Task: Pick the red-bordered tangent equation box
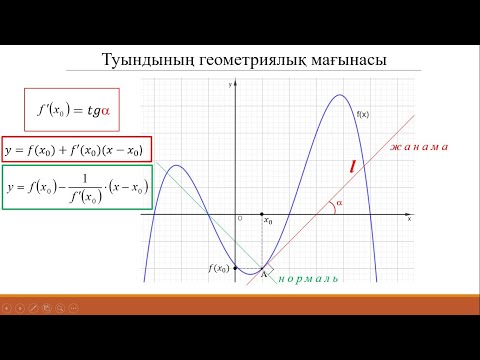(x=76, y=150)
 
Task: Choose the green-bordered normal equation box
(x=76, y=188)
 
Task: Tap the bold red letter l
(x=353, y=166)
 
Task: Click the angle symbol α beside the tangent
(x=339, y=203)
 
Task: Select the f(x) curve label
(x=363, y=115)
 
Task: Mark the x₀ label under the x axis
(x=267, y=223)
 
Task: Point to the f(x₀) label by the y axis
(x=219, y=268)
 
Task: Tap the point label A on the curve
(x=264, y=274)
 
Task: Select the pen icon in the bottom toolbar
(x=33, y=308)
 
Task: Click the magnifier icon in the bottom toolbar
(x=59, y=308)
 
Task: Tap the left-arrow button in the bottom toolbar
(x=7, y=308)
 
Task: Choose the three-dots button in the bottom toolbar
(x=72, y=308)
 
